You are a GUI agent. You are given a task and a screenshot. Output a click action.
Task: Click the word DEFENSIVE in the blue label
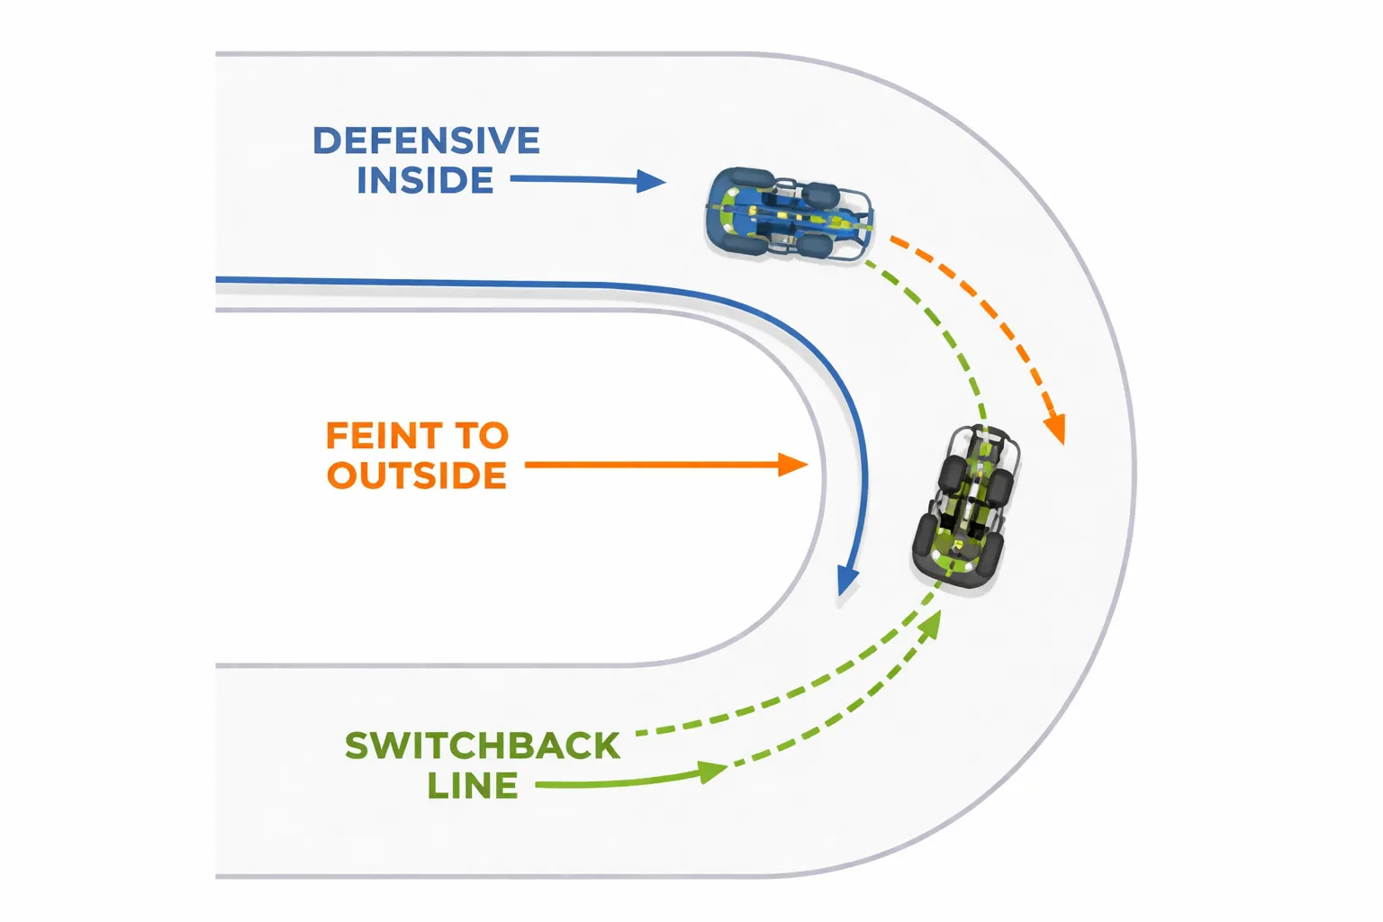[x=426, y=141]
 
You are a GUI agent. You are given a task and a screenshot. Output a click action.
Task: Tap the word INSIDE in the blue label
[x=425, y=181]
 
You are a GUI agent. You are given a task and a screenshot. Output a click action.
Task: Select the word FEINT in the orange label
[x=383, y=436]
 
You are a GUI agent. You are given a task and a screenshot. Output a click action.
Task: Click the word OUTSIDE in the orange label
[x=417, y=475]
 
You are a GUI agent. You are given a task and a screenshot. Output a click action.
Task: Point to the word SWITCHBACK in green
[x=483, y=746]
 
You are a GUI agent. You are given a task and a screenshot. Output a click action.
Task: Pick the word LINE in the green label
[x=473, y=786]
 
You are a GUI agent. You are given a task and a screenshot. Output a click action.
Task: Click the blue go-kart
[x=788, y=214]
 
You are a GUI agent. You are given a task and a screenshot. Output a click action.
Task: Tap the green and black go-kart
[x=965, y=509]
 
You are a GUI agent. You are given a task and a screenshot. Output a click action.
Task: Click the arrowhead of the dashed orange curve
[x=1055, y=429]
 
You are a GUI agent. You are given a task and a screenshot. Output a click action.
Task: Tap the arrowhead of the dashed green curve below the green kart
[x=932, y=623]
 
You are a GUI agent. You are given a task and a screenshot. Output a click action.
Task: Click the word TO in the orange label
[x=483, y=436]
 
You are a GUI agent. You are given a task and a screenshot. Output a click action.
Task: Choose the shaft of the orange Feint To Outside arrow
[x=648, y=465]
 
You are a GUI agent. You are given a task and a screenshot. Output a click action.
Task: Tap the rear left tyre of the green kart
[x=925, y=537]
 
